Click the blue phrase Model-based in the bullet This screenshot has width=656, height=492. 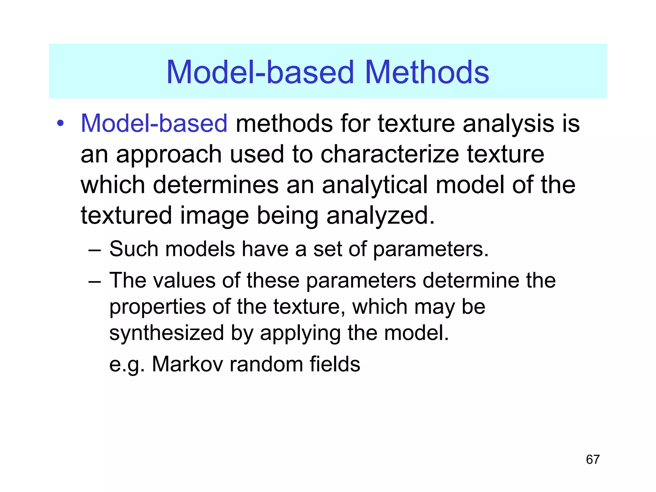pyautogui.click(x=154, y=123)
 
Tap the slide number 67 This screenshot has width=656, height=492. pyautogui.click(x=593, y=459)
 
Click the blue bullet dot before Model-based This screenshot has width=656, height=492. pyautogui.click(x=60, y=123)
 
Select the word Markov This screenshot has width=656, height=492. pyautogui.click(x=187, y=364)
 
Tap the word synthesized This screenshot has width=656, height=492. pyautogui.click(x=166, y=333)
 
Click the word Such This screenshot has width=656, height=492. pyautogui.click(x=134, y=249)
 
